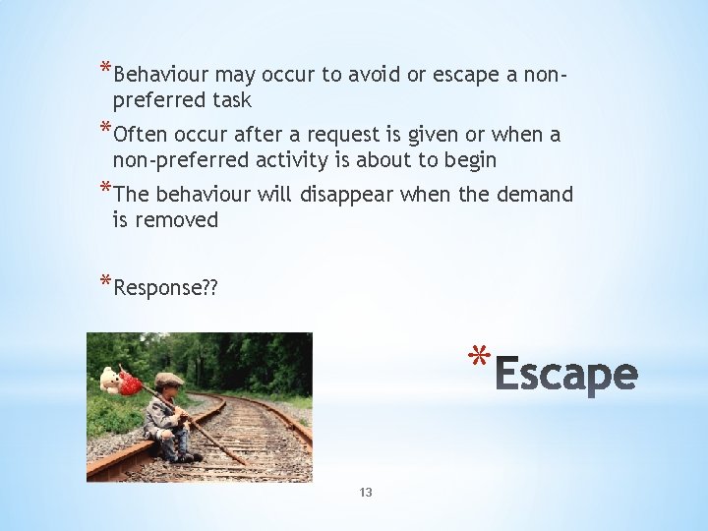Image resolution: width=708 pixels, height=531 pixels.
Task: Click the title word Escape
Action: tap(565, 375)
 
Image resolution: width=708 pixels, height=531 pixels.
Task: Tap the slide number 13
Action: tap(366, 493)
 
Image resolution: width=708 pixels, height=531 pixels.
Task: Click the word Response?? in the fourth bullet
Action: tap(166, 288)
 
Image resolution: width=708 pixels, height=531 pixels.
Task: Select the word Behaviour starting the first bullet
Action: tap(161, 75)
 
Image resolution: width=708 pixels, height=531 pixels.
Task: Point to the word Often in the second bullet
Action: tap(141, 135)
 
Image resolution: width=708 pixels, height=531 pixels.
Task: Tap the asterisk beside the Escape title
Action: tap(478, 357)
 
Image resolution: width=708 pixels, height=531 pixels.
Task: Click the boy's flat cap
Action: tap(168, 380)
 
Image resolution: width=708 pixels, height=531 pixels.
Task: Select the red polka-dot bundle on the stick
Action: tap(130, 383)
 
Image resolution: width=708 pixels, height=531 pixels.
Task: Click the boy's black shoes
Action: tap(185, 456)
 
